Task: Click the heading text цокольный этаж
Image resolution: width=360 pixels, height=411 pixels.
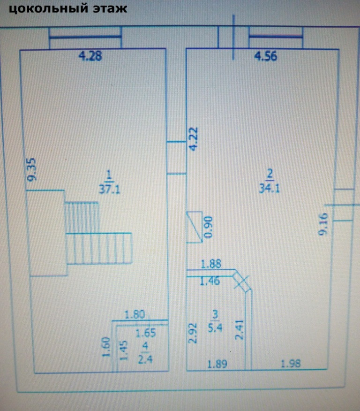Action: (x=68, y=8)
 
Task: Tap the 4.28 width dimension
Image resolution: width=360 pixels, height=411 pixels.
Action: (x=90, y=57)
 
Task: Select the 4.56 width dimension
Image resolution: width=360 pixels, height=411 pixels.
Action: (x=265, y=57)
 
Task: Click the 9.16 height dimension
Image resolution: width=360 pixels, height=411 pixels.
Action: (x=323, y=224)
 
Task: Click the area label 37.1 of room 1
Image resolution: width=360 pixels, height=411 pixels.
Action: (x=109, y=189)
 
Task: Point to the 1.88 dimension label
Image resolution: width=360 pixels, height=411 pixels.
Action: (x=210, y=265)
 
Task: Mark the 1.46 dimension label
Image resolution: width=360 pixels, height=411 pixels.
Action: (x=210, y=282)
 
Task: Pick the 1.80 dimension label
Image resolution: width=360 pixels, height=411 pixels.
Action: (x=135, y=315)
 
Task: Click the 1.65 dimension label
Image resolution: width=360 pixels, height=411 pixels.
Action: (x=145, y=334)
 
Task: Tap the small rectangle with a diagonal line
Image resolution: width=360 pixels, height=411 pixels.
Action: (x=195, y=227)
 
